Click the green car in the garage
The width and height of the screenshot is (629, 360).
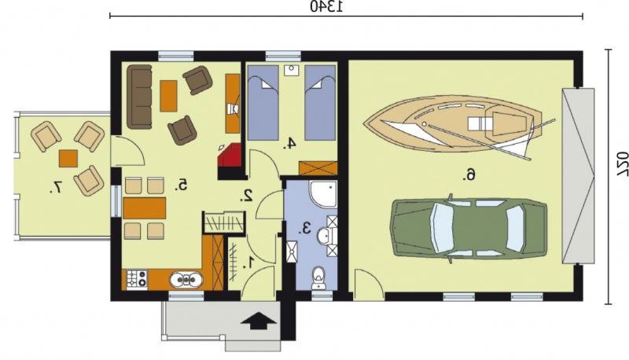coord(469,228)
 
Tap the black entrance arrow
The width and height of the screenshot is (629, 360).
coord(259,321)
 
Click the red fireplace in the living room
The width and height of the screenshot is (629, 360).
coord(230,156)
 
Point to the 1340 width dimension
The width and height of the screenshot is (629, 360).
coord(326,7)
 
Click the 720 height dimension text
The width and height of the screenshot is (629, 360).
coord(622,164)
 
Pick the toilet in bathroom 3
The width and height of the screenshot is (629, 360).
coord(319,277)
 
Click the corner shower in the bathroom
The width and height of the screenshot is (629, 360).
coord(323,194)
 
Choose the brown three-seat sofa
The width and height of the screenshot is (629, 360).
coord(140,97)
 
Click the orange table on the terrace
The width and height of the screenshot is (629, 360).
coord(68,158)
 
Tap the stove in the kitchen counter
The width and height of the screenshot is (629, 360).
coord(137,279)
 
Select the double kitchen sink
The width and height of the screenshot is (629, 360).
coord(186,280)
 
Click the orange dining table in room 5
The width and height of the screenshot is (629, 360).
coord(145,208)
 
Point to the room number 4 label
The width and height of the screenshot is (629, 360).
coord(289,143)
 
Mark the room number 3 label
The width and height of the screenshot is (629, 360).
coord(305,228)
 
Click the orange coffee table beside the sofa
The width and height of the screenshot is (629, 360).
coord(168,96)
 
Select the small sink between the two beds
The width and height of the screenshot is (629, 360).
coord(291,70)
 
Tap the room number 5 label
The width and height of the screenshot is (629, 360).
coord(182,185)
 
